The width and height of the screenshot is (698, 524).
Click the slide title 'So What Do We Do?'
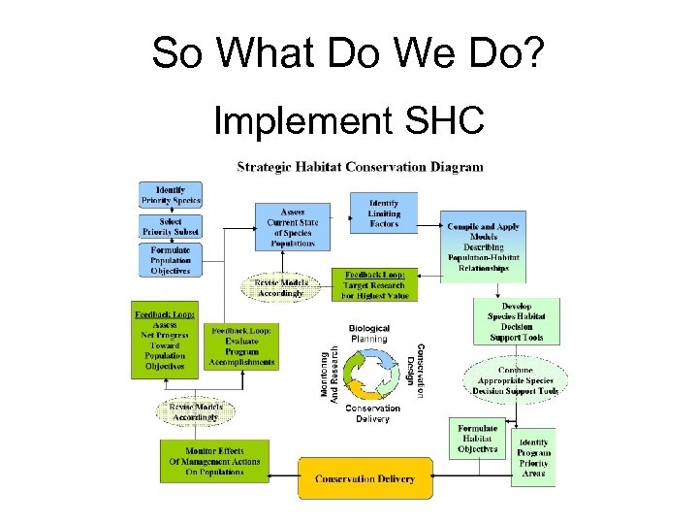click(349, 52)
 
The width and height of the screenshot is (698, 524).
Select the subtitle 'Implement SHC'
click(349, 121)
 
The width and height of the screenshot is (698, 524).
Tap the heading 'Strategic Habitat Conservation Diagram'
click(360, 167)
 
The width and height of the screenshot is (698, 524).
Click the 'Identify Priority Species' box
click(170, 194)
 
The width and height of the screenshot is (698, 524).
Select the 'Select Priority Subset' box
click(170, 227)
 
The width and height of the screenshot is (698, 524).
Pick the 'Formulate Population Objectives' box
click(170, 260)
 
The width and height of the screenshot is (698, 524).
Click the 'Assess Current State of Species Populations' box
click(292, 226)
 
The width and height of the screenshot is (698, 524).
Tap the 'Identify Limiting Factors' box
click(384, 212)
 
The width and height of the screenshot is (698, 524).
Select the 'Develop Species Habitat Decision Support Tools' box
click(516, 320)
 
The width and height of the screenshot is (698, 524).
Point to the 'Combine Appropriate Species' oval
click(516, 381)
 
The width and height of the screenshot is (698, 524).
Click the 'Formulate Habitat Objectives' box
click(478, 439)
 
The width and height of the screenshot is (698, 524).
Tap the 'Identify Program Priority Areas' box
click(533, 457)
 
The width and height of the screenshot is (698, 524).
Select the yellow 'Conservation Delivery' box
click(365, 478)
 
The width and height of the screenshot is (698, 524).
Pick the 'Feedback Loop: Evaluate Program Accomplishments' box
click(241, 346)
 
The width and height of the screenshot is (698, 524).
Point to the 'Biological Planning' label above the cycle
click(368, 333)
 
